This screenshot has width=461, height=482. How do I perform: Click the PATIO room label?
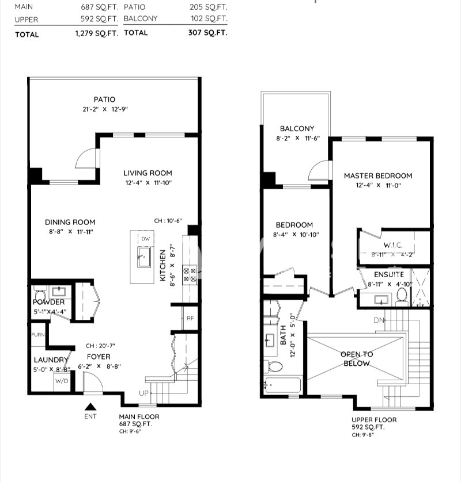point(104,100)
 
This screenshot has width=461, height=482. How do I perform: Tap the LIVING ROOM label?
point(148,173)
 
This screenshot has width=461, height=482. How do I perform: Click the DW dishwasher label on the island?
point(145,239)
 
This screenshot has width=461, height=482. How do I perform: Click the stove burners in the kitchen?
point(190,274)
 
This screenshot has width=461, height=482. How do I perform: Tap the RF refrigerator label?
point(190,318)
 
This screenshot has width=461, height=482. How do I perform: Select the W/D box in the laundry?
point(61,381)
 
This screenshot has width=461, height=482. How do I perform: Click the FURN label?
point(37,334)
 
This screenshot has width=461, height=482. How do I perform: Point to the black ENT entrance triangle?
point(90,407)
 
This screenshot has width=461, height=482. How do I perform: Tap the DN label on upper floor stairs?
point(378,320)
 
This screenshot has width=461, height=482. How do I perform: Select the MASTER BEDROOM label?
point(378,176)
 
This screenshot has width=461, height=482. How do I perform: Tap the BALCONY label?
point(297,129)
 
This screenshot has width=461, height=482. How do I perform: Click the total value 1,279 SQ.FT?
point(96,34)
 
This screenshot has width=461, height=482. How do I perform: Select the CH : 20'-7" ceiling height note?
point(101,346)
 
